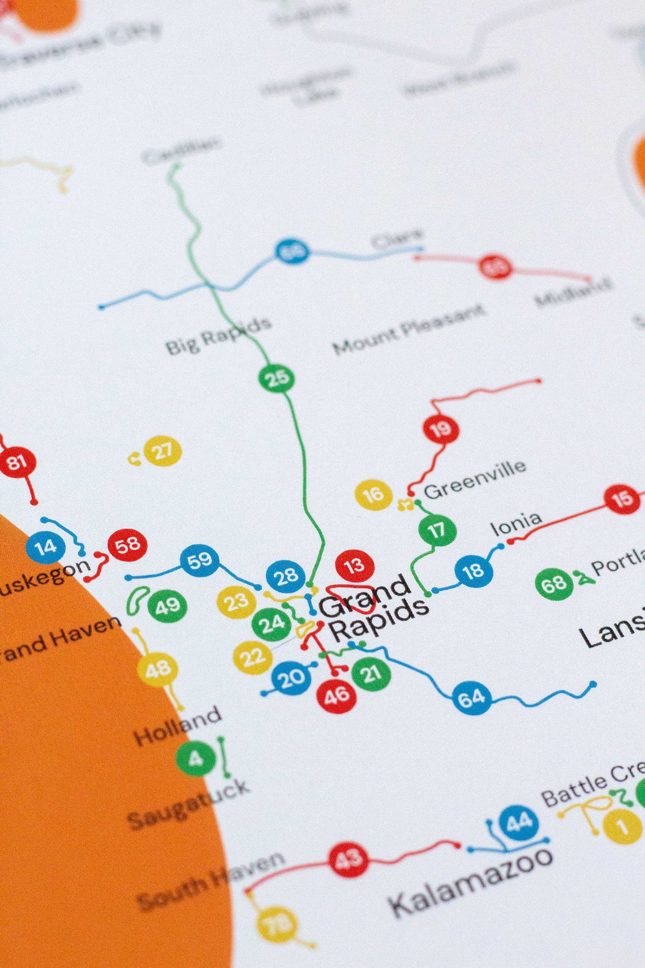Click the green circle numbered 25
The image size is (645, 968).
point(277,378)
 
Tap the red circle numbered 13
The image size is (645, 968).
point(355,565)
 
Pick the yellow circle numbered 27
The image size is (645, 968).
point(162,451)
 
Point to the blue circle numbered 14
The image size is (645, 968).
point(45,547)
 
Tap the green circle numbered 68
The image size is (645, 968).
point(554,584)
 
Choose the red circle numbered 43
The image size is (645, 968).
point(349,860)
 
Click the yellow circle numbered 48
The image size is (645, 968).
point(157,670)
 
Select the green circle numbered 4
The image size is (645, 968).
point(195,759)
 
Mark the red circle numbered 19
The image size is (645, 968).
point(441,430)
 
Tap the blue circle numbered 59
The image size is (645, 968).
point(199,561)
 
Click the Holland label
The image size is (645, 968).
point(177,726)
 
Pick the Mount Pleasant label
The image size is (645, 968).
point(408,329)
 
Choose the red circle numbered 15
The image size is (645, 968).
point(622,499)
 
